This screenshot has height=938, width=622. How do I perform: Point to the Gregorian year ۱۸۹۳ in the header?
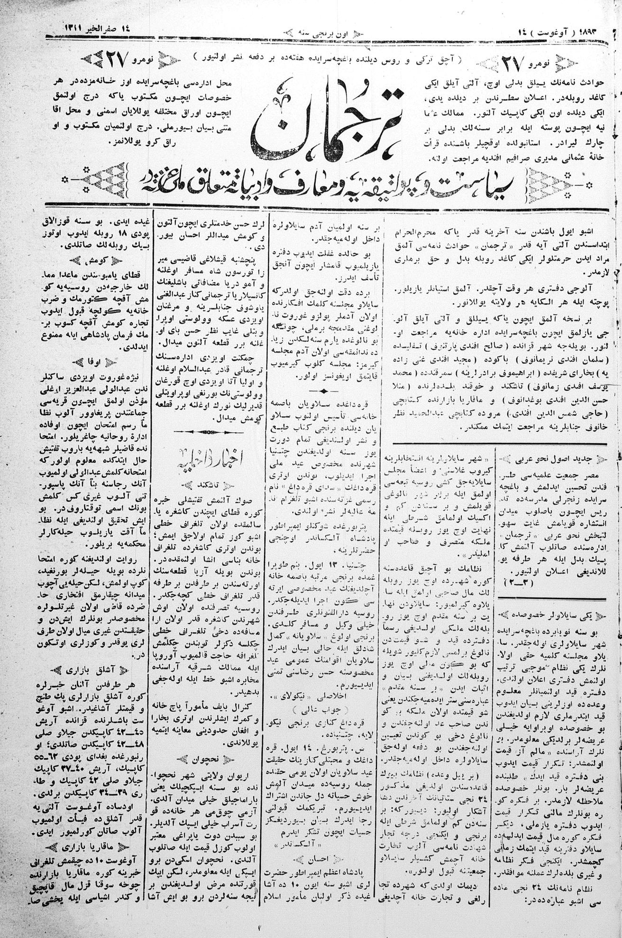pos(595,31)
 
